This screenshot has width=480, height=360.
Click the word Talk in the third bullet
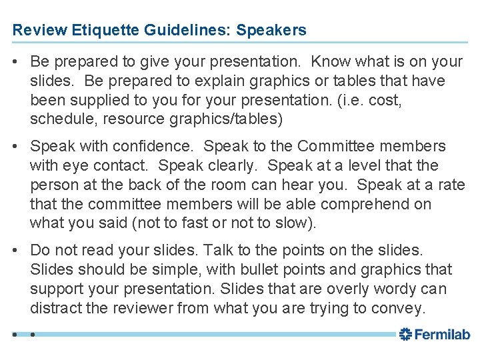click(x=217, y=251)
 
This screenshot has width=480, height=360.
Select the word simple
click(x=175, y=270)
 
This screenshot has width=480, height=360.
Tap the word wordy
click(x=401, y=289)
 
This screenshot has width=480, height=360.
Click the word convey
click(x=402, y=309)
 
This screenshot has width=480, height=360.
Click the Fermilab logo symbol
click(x=405, y=335)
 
